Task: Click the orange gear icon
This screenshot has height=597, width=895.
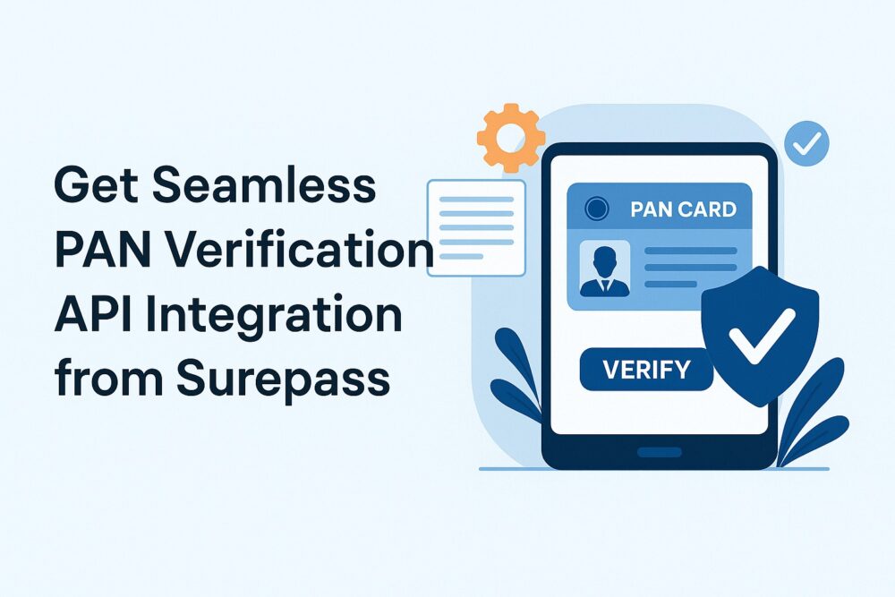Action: coord(511,138)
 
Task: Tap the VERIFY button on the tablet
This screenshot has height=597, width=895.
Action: coord(646,370)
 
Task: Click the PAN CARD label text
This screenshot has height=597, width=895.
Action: coord(683,209)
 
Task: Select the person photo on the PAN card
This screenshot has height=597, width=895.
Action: coord(604,269)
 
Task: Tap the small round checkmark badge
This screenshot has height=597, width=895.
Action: coord(806,143)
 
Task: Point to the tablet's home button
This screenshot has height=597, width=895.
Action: coord(660,453)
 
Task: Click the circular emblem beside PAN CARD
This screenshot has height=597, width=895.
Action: coord(596,209)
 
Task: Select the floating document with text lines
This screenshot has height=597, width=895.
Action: coord(476,227)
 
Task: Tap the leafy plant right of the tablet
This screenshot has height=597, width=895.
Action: coord(811,412)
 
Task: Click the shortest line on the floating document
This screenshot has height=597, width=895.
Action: coord(462,256)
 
